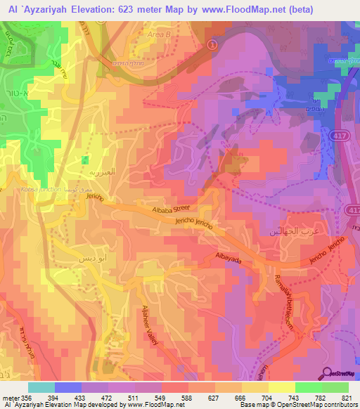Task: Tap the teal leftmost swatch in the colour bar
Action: coord(41,387)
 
